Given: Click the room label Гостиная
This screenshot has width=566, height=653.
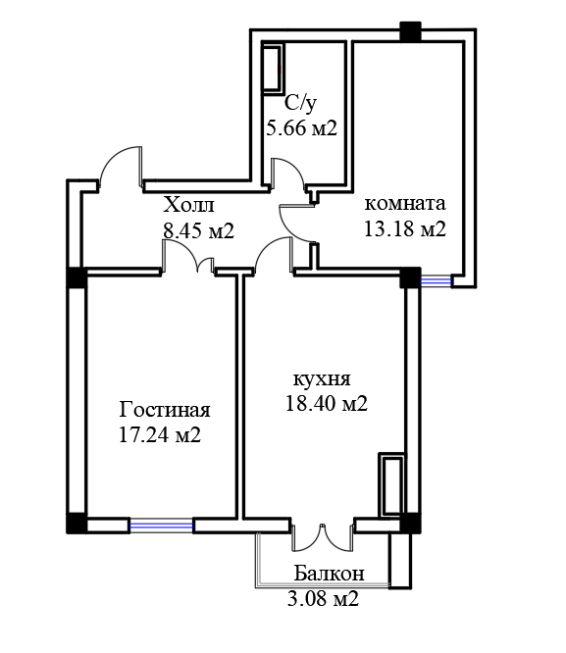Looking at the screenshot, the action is click(165, 411).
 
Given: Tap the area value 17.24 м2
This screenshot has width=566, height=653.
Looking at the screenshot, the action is click(160, 435).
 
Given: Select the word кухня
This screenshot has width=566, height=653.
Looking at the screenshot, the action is click(322, 379).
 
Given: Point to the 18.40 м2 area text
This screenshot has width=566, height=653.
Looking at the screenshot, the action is click(327, 403).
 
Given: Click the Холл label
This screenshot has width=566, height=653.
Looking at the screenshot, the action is click(188, 205).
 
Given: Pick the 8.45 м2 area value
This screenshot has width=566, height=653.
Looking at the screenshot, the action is click(198, 230).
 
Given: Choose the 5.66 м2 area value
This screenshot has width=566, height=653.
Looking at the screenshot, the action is click(301, 127).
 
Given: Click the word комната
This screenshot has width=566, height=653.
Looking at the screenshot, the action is click(405, 204).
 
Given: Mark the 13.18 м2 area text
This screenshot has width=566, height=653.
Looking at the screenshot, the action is click(405, 228).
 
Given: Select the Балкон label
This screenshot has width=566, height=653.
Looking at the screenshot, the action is click(330, 573).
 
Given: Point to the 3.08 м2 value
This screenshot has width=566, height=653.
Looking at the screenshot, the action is click(323, 599).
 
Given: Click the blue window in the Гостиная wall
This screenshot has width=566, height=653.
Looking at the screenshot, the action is click(161, 526).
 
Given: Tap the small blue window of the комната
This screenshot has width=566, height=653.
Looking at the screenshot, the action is click(436, 281).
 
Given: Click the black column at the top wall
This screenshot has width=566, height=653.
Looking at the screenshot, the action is click(410, 31).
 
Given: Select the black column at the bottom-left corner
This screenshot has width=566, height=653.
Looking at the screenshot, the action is click(77, 523).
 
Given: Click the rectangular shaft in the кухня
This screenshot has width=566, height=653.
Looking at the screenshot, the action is click(391, 484).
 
